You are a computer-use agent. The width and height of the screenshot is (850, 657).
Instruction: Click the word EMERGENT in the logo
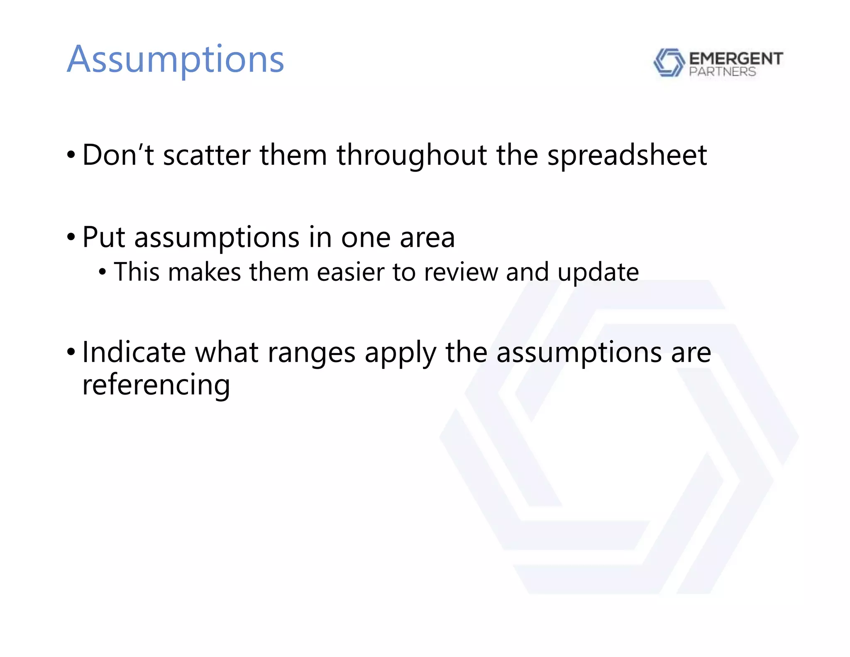(x=735, y=59)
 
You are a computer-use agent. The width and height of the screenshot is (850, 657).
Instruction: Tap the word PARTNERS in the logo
(x=722, y=72)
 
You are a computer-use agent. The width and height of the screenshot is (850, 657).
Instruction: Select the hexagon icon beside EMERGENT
(x=669, y=63)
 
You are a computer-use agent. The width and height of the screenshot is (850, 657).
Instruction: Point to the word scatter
(x=207, y=155)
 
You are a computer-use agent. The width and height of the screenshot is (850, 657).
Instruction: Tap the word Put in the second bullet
(x=104, y=238)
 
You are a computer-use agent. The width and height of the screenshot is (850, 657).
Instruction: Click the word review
(x=461, y=272)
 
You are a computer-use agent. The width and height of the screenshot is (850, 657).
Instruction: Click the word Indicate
(x=134, y=352)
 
